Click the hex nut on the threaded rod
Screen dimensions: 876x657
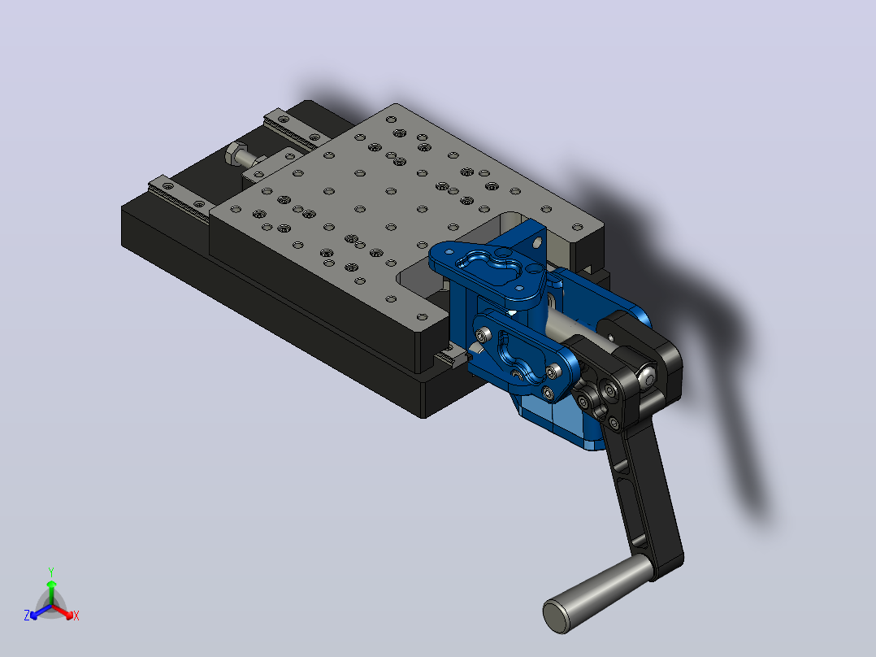tap(236, 153)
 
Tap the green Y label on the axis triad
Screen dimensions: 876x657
tap(51, 572)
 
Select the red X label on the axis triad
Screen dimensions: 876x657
tap(76, 616)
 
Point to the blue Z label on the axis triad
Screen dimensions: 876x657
tap(27, 615)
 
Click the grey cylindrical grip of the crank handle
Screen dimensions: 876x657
tap(598, 594)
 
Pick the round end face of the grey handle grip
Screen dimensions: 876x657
tap(557, 616)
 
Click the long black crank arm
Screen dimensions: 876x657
tap(645, 492)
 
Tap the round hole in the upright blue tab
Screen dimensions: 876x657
tap(537, 243)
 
